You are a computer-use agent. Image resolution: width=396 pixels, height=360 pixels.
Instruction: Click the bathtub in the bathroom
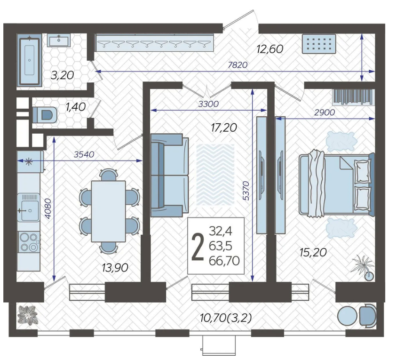click(x=29, y=61)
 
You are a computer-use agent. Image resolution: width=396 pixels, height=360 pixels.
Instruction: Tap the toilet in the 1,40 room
click(x=45, y=115)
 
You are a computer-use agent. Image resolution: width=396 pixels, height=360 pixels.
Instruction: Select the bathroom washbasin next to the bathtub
click(x=59, y=40)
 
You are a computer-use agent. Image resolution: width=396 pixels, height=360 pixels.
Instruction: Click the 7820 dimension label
click(x=238, y=65)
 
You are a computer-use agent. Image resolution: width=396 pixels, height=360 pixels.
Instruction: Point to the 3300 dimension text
click(x=208, y=104)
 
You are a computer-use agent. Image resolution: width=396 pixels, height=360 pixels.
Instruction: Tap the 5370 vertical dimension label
click(x=246, y=191)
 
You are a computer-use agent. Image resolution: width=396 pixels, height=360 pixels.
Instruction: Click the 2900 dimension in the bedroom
click(x=325, y=112)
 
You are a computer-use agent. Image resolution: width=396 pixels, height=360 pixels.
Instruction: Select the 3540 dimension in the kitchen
click(x=84, y=154)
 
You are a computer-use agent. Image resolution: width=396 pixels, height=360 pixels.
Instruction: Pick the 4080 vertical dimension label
click(x=48, y=208)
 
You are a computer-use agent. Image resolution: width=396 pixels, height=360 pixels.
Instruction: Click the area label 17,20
click(x=224, y=128)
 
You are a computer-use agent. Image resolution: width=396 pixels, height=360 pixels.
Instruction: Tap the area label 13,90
click(x=115, y=268)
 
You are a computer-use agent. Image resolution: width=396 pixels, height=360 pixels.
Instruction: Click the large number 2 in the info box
click(x=198, y=247)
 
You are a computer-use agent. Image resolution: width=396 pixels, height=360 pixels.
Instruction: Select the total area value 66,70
click(x=224, y=261)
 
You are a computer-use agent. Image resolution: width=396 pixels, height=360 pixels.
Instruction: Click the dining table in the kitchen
click(x=108, y=211)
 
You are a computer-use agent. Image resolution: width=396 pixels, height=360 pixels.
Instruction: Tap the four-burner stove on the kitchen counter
click(x=29, y=242)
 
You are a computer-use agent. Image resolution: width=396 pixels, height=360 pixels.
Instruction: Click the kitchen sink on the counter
click(x=29, y=207)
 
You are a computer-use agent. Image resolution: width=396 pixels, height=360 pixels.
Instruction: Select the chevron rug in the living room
click(x=215, y=175)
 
